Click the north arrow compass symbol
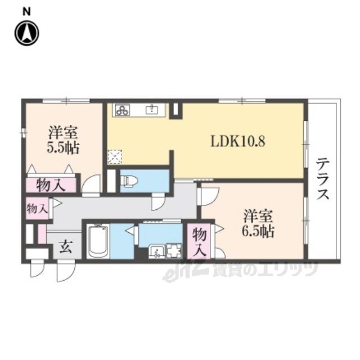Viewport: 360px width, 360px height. [27, 33]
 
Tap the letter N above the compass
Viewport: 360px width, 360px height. [26, 12]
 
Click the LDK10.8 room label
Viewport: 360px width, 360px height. [238, 141]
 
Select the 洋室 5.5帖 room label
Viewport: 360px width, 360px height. [63, 139]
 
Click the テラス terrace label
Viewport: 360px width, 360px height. [322, 179]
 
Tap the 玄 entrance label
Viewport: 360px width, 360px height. [66, 247]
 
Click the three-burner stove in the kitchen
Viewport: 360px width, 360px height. [123, 110]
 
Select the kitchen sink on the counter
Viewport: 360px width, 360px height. [152, 109]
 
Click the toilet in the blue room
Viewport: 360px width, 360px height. [130, 181]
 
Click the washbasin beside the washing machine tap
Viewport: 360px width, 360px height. [156, 251]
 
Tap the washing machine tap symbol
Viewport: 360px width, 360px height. [174, 251]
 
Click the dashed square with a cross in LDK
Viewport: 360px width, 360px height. [115, 157]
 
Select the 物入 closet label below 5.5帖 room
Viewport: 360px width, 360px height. [51, 185]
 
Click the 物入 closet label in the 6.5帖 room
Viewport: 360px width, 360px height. [199, 242]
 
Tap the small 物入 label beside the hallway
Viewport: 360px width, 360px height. [38, 209]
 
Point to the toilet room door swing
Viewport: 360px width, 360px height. [159, 201]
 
